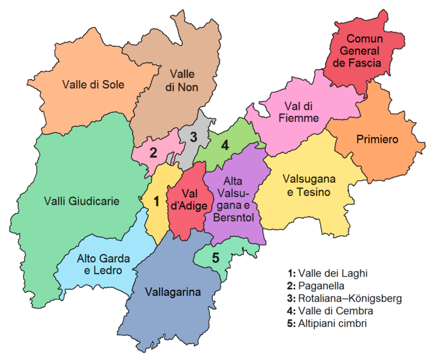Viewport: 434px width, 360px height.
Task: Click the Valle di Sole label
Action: coord(93,85)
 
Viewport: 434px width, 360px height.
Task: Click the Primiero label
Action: coord(377,139)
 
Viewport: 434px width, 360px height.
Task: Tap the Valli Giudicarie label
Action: coord(82,202)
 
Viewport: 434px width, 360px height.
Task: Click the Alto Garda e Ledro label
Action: coord(103,265)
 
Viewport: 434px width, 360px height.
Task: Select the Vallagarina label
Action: coord(173,292)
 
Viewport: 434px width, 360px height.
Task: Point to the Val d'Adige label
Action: coord(189,200)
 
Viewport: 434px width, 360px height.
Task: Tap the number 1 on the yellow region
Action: coord(156,202)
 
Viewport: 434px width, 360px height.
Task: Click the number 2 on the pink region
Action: coord(153,152)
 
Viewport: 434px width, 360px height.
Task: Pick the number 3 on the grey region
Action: coord(193,136)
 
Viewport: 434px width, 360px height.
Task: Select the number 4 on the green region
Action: coord(225,145)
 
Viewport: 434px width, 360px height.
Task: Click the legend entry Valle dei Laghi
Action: coord(327,274)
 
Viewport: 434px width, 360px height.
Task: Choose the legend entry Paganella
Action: coord(324,286)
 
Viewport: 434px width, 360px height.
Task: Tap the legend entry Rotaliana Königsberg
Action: coord(344,299)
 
